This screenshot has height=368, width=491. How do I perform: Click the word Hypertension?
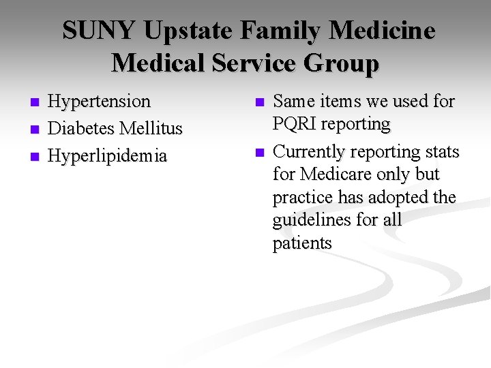click(x=99, y=102)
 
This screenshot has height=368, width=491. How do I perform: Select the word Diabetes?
click(x=80, y=128)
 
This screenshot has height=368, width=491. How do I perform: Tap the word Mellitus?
click(x=149, y=128)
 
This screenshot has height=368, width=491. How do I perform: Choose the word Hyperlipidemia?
click(x=107, y=155)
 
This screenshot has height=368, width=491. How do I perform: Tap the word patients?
click(x=301, y=243)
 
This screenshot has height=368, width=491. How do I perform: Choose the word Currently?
click(x=311, y=151)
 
